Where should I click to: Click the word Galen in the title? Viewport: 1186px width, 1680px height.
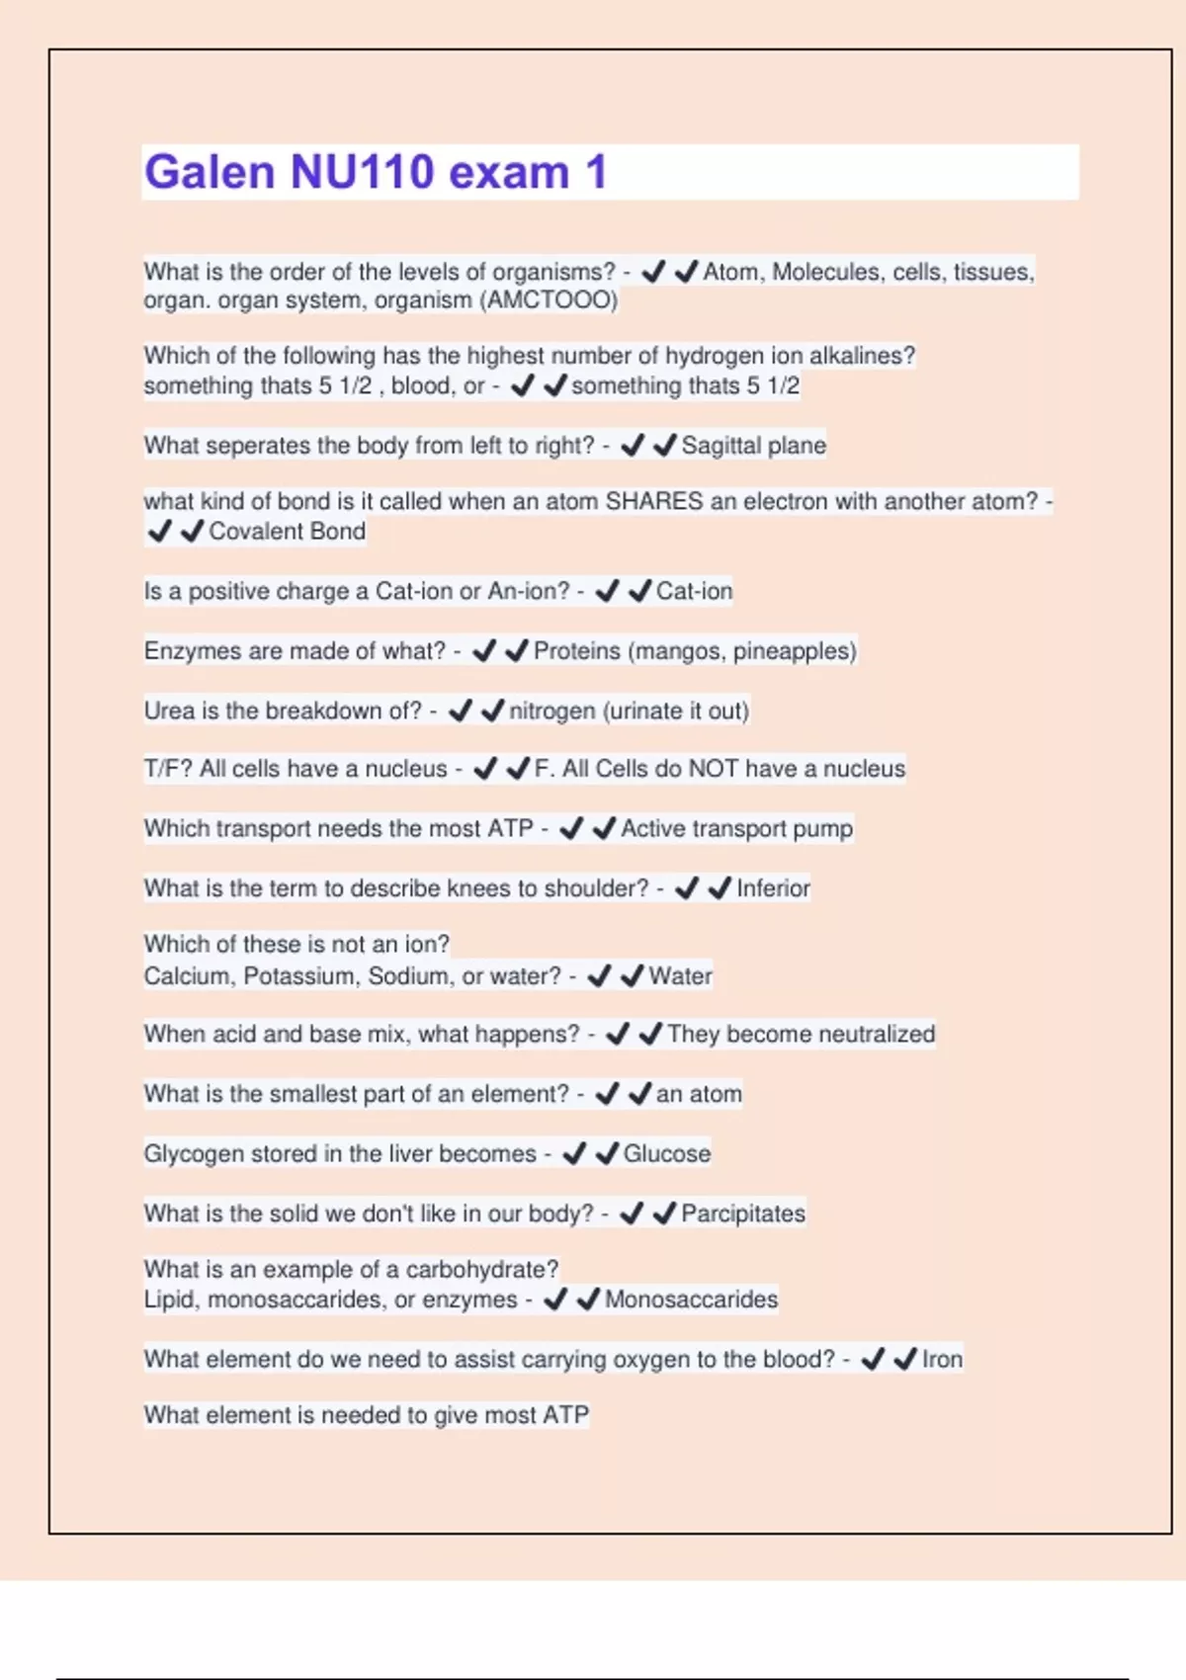(x=210, y=172)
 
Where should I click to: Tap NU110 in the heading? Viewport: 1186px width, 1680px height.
(x=361, y=172)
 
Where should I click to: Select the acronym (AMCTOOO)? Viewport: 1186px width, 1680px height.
(x=549, y=300)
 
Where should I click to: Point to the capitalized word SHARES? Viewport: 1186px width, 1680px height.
(x=653, y=502)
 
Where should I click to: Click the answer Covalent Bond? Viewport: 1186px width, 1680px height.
(x=287, y=532)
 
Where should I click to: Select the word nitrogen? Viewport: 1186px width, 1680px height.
(x=551, y=711)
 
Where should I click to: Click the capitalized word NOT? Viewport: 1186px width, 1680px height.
(x=713, y=769)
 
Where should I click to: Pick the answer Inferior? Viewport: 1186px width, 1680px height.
(x=773, y=888)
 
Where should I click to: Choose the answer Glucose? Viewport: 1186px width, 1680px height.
(x=666, y=1154)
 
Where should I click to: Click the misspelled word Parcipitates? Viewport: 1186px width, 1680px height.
(x=742, y=1214)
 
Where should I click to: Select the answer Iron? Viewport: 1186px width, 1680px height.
(x=942, y=1360)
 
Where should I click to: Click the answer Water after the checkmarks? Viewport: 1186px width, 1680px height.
(x=680, y=976)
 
